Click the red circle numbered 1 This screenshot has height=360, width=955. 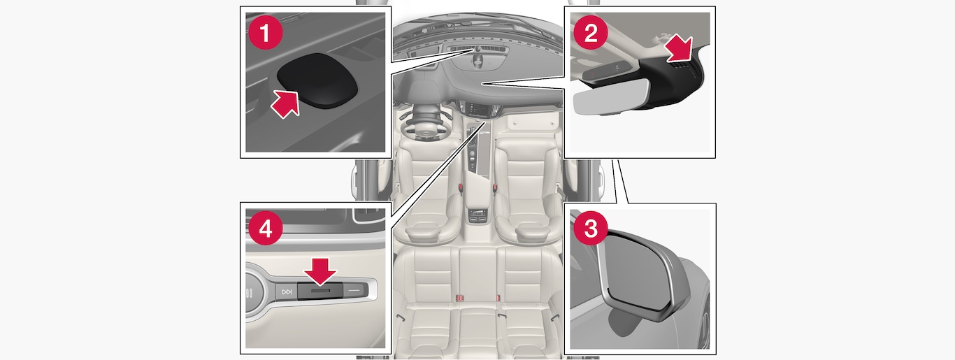[265, 33]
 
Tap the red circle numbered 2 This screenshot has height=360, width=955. [591, 33]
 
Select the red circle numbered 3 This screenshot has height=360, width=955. [591, 229]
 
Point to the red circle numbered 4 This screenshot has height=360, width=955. [265, 229]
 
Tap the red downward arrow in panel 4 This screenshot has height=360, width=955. [320, 271]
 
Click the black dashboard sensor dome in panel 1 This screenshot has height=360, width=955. [317, 80]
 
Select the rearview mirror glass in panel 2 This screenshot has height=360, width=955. [610, 97]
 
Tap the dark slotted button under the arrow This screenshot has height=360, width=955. [320, 291]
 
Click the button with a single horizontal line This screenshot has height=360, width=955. [354, 291]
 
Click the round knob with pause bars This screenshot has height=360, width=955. [254, 293]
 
